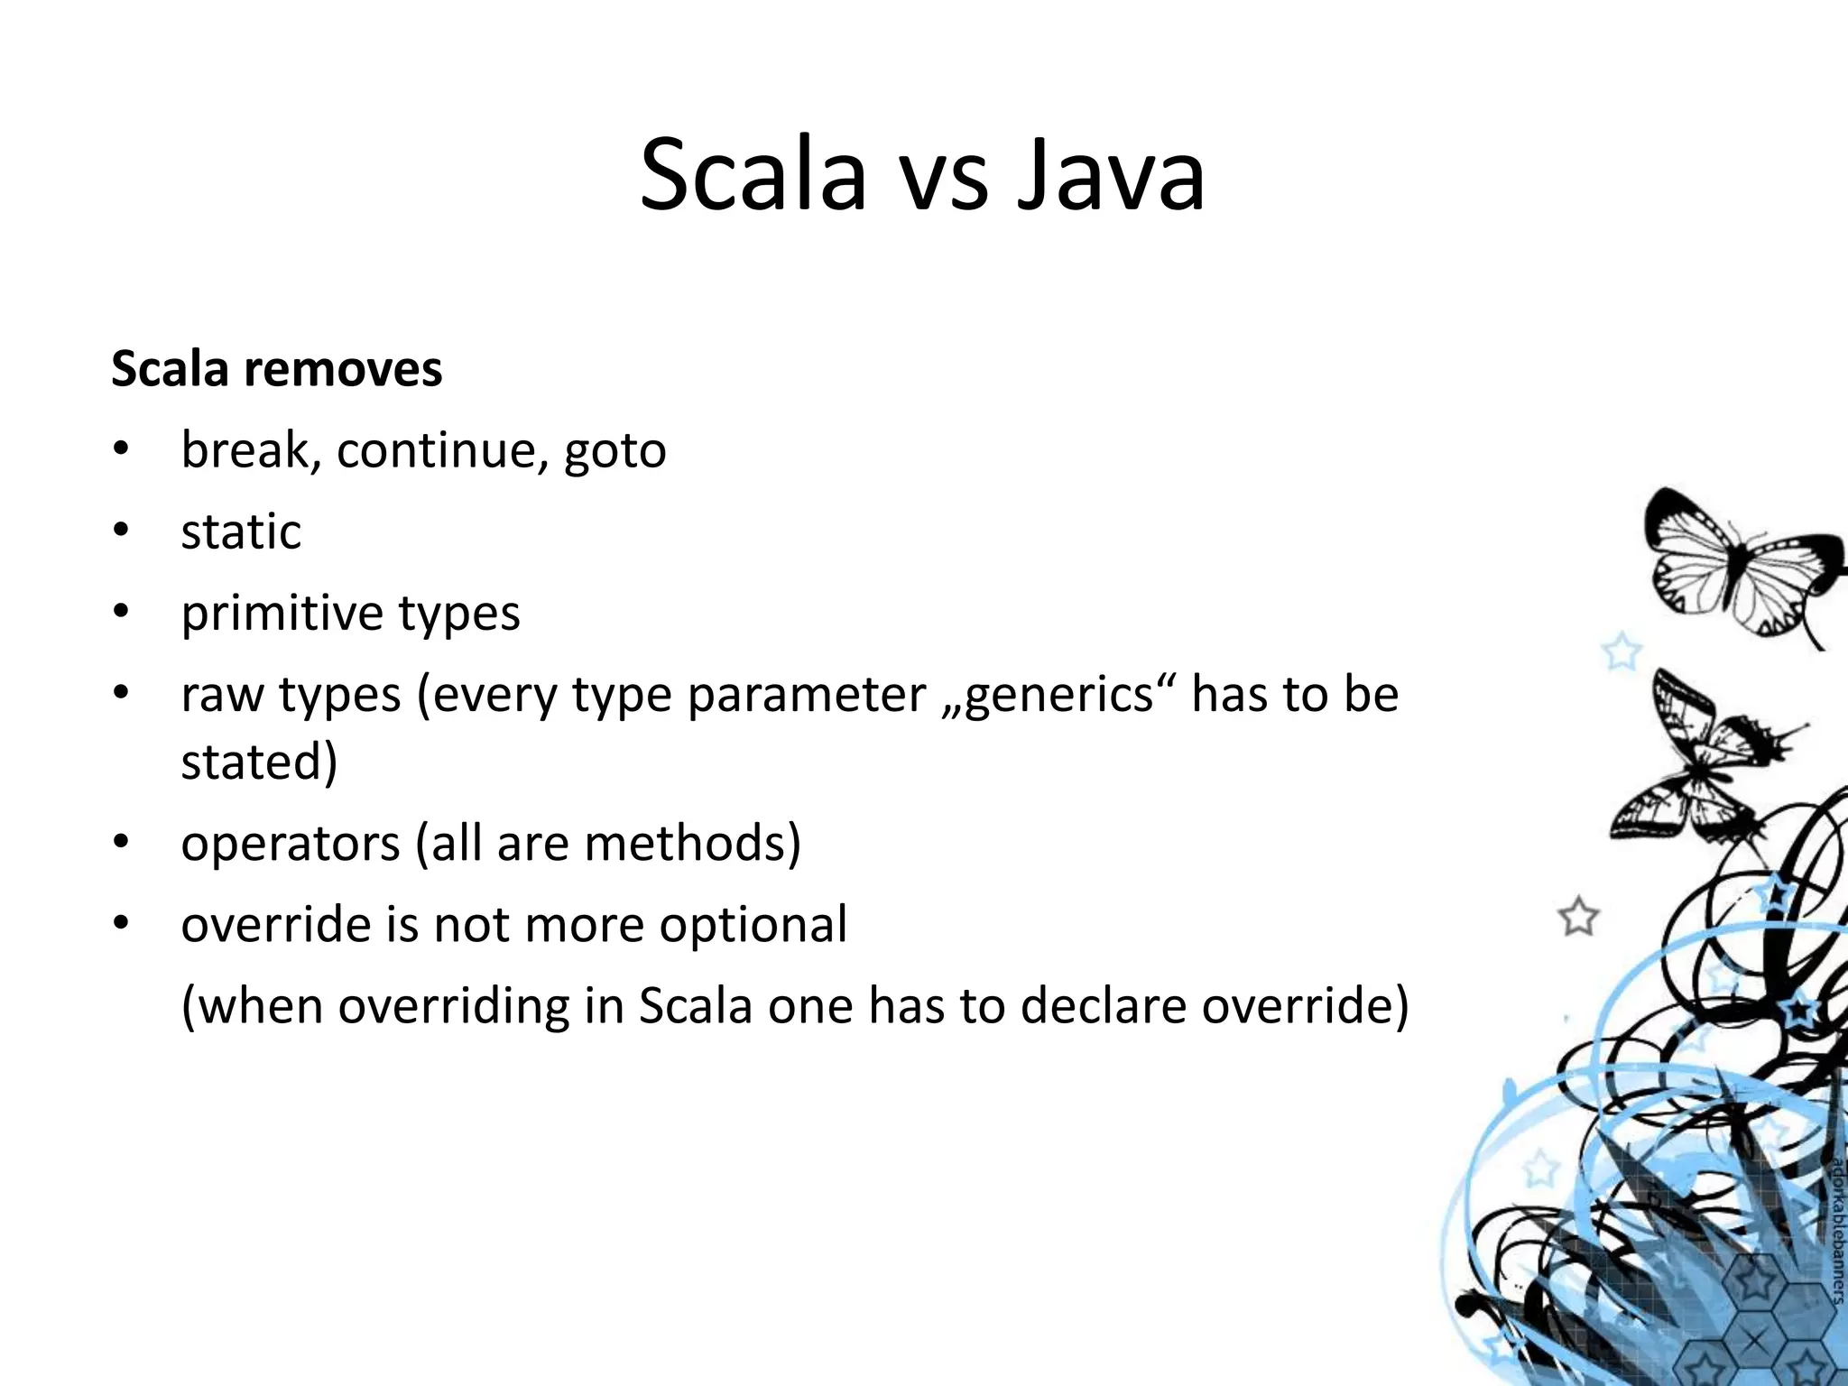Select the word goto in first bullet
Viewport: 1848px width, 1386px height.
pyautogui.click(x=614, y=450)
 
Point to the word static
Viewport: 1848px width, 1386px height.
pyautogui.click(x=240, y=531)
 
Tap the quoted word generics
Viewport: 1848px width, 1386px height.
pyautogui.click(x=1059, y=695)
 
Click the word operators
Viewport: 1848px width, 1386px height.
pyautogui.click(x=290, y=843)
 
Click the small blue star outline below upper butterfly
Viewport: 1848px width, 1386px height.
pyautogui.click(x=1621, y=651)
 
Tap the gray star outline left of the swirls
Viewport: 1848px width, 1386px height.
pyautogui.click(x=1578, y=918)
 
